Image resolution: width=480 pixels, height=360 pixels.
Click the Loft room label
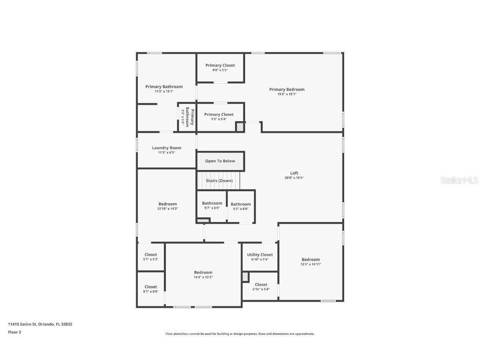[294, 173]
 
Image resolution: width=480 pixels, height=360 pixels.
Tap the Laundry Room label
[167, 148]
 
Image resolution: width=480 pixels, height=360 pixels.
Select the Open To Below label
[220, 161]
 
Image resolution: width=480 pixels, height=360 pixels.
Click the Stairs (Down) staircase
[219, 180]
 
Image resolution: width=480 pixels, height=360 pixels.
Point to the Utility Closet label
[260, 255]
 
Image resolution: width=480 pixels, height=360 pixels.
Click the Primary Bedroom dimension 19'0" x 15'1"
[287, 94]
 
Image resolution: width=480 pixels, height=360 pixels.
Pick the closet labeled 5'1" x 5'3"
[150, 257]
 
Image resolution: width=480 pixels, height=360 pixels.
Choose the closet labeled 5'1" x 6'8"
[150, 289]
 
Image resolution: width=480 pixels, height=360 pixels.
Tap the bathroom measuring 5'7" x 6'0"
[212, 206]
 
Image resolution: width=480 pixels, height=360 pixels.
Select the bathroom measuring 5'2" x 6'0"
[241, 206]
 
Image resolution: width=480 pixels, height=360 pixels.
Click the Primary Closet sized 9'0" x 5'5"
[220, 67]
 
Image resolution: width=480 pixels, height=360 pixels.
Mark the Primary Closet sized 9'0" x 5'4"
[219, 117]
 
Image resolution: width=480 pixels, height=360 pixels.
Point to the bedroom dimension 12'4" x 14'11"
[311, 264]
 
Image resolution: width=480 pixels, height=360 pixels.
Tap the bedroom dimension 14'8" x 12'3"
[203, 277]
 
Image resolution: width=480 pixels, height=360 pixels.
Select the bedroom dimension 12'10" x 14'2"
[167, 209]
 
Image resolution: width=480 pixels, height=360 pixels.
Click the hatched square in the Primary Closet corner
[240, 127]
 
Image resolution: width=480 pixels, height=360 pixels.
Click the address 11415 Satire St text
[22, 324]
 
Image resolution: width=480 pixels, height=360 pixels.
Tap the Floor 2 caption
[15, 332]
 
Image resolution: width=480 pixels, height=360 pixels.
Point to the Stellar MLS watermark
[459, 180]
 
